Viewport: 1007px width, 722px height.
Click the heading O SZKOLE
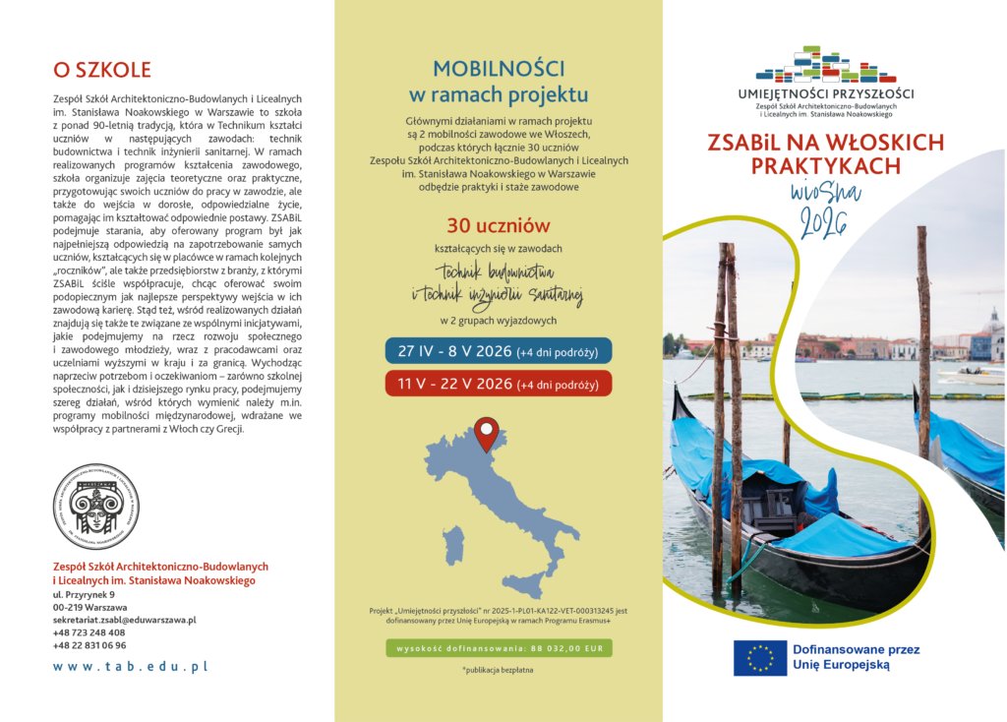point(102,70)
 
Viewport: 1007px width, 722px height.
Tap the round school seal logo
point(95,507)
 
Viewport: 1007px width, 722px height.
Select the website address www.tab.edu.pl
point(131,666)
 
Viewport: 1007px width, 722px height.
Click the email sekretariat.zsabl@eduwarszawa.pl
point(124,620)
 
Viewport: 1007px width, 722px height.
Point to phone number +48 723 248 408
point(89,632)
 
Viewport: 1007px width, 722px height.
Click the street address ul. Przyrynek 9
point(84,594)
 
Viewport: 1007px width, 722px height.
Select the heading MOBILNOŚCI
point(499,69)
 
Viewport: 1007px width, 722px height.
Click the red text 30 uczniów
point(499,224)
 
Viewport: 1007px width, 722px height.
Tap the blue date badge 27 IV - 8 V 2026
point(499,351)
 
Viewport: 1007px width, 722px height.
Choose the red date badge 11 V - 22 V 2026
point(499,384)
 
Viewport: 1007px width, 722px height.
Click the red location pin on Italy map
point(487,433)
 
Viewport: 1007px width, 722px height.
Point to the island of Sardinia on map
point(453,545)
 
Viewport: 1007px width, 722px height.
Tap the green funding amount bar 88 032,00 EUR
point(499,648)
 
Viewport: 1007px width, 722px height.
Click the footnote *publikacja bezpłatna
point(498,670)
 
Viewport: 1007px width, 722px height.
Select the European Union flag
point(759,657)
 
